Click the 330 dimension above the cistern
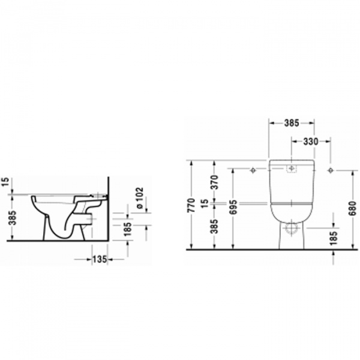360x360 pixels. coord(310,142)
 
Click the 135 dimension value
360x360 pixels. coord(100,259)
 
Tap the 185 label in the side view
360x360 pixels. coord(127,229)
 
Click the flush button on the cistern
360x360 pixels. coord(292,170)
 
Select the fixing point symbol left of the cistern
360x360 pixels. coord(253,170)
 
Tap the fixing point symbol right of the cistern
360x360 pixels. coord(330,170)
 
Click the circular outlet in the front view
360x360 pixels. coord(292,228)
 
